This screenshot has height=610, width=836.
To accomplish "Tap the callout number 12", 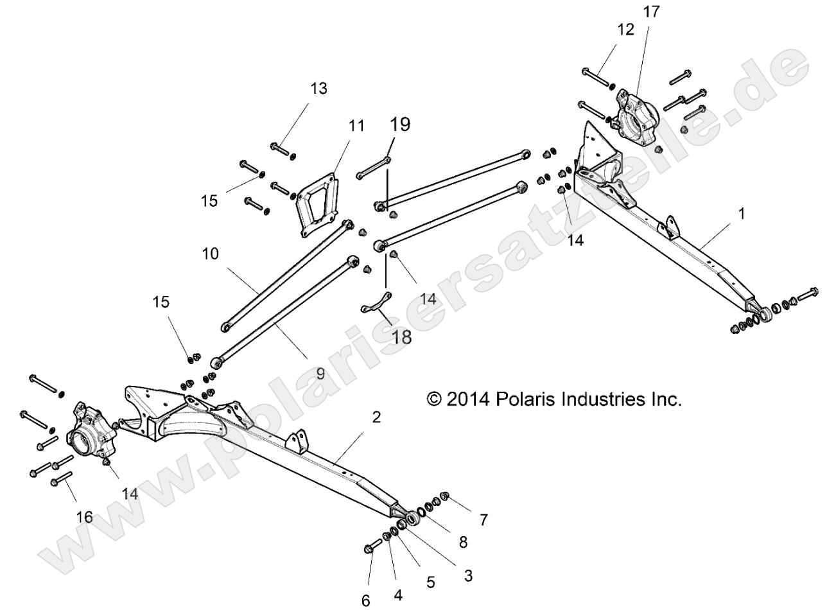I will coord(625,29).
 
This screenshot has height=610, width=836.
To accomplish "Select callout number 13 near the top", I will coord(318,89).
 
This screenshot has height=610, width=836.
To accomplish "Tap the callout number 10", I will coord(210,254).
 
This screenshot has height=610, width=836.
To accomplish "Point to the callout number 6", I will coord(366,600).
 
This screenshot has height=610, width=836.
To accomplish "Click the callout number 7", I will coord(483,520).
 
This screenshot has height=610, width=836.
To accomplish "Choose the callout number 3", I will coord(468,576).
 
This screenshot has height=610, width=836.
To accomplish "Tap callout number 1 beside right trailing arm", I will coord(742,214).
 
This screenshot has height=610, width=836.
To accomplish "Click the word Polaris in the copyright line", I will coord(530,399).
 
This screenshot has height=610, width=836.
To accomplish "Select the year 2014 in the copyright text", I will coord(469,399).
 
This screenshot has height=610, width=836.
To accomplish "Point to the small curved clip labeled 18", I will coord(376,303).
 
